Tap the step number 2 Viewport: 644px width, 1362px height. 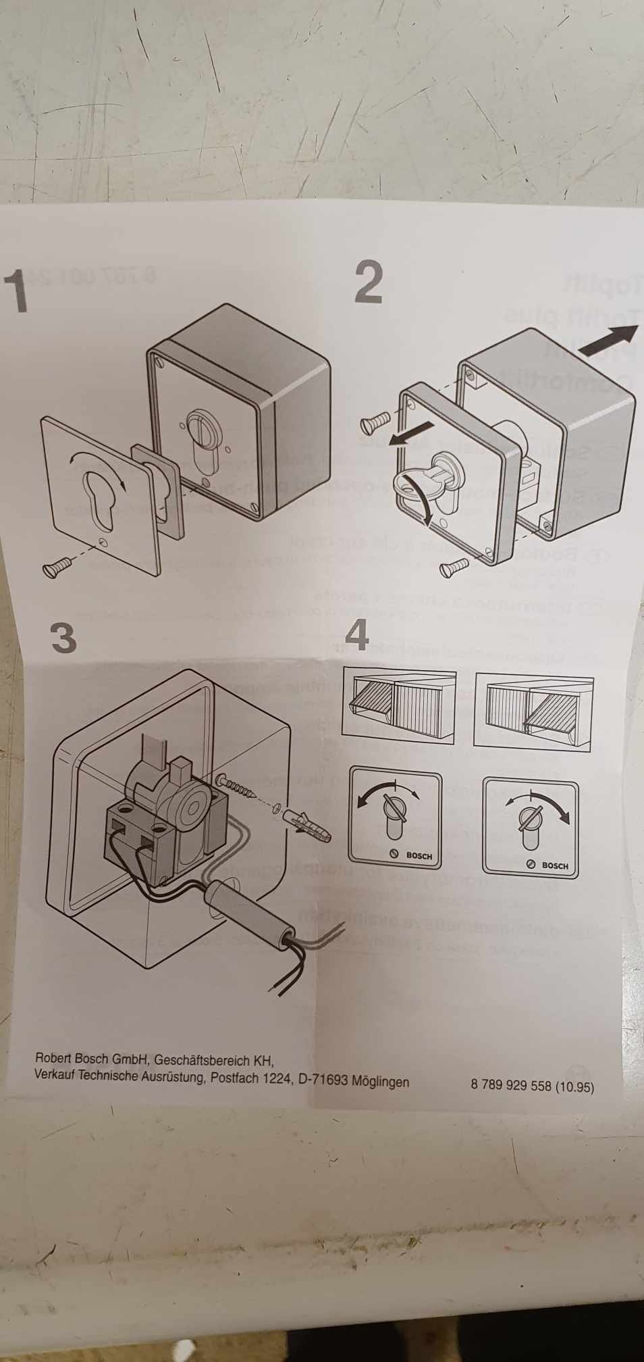pyautogui.click(x=369, y=283)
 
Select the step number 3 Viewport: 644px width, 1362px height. pyautogui.click(x=63, y=637)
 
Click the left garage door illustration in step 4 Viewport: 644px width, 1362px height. pyautogui.click(x=399, y=705)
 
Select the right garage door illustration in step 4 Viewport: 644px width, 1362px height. pyautogui.click(x=533, y=712)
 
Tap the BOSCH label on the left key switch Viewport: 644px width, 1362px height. pyautogui.click(x=419, y=855)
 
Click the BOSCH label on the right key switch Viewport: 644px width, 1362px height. pyautogui.click(x=554, y=865)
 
